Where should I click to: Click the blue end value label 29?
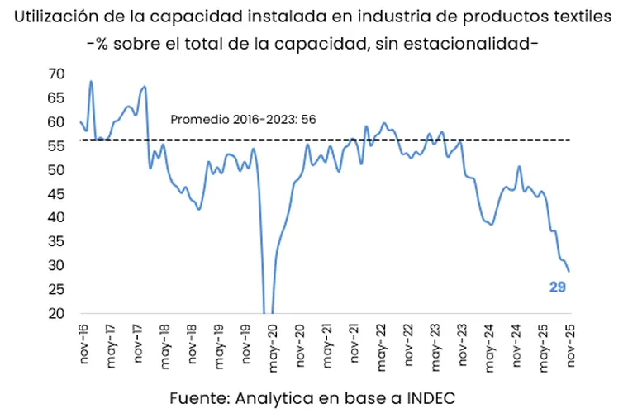(557, 287)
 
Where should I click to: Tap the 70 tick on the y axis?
(55, 74)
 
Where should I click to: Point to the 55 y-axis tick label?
(55, 145)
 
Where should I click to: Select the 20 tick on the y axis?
(55, 314)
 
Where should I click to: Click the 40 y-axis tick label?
(55, 217)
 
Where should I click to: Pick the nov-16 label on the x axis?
(83, 341)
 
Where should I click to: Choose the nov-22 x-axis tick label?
(408, 341)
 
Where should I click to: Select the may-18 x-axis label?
(164, 341)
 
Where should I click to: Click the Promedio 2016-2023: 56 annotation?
(244, 119)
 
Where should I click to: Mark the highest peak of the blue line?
(91, 81)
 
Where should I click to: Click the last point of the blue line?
(569, 271)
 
